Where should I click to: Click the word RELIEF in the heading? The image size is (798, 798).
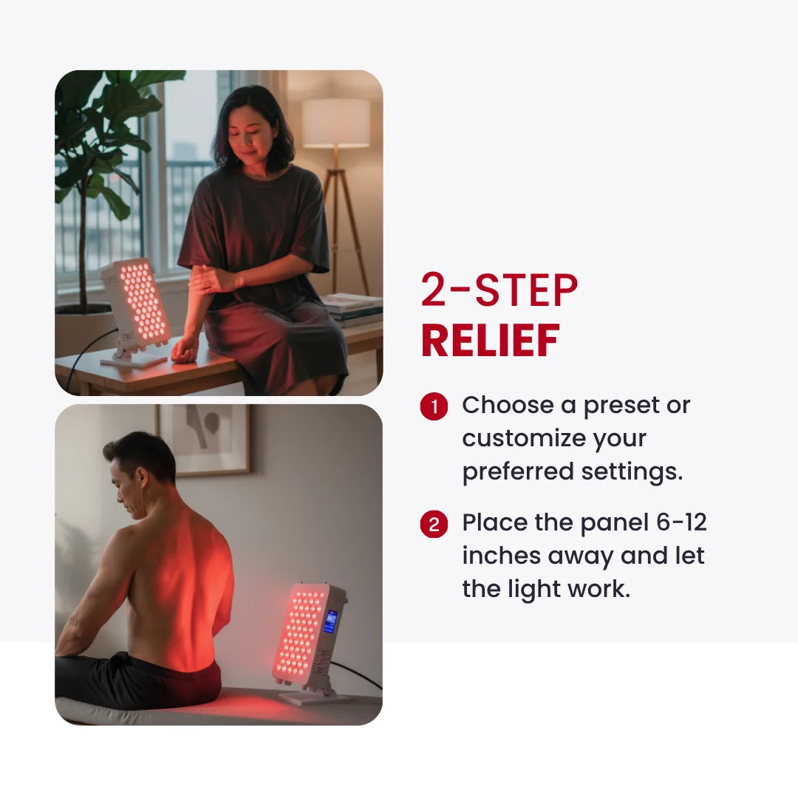tap(490, 341)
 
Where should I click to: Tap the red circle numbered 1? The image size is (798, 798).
tap(434, 406)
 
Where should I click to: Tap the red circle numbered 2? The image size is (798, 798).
tap(434, 524)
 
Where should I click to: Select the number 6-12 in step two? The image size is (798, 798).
tap(681, 522)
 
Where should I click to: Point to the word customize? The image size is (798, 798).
tap(524, 438)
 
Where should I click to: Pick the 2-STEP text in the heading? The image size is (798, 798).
tap(499, 290)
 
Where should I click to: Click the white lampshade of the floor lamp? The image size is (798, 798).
tap(336, 123)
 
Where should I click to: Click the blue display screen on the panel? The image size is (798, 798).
tap(330, 622)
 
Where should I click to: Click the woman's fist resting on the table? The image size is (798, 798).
tap(183, 351)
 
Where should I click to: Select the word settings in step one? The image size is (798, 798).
tap(632, 471)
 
